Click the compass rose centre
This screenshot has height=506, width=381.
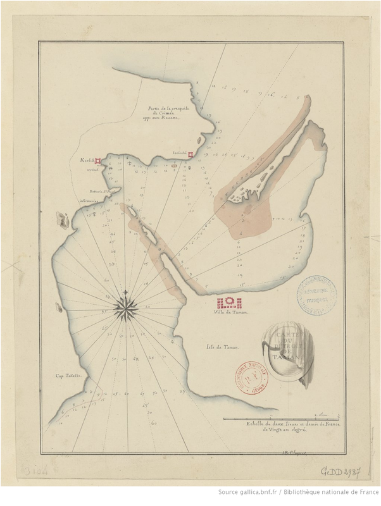126,308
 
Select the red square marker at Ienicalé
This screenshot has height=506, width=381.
190,152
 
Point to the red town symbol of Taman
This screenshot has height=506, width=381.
230,302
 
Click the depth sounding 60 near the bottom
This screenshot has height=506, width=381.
154,422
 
